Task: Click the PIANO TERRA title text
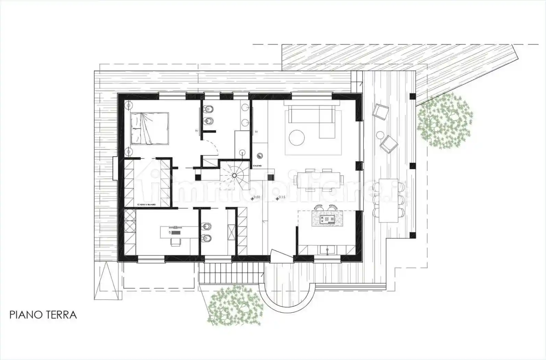[x=43, y=315]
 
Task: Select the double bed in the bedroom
[x=149, y=128]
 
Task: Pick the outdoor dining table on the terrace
[x=388, y=200]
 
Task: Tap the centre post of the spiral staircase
[x=234, y=176]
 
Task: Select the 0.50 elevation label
[x=257, y=197]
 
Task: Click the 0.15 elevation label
[x=282, y=197]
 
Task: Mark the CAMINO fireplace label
[x=258, y=166]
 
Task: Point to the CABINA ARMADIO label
[x=147, y=205]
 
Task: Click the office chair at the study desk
[x=176, y=242]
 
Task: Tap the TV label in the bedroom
[x=196, y=131]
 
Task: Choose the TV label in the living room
[x=256, y=132]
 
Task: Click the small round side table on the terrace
[x=380, y=135]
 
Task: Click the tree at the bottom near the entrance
[x=236, y=305]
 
